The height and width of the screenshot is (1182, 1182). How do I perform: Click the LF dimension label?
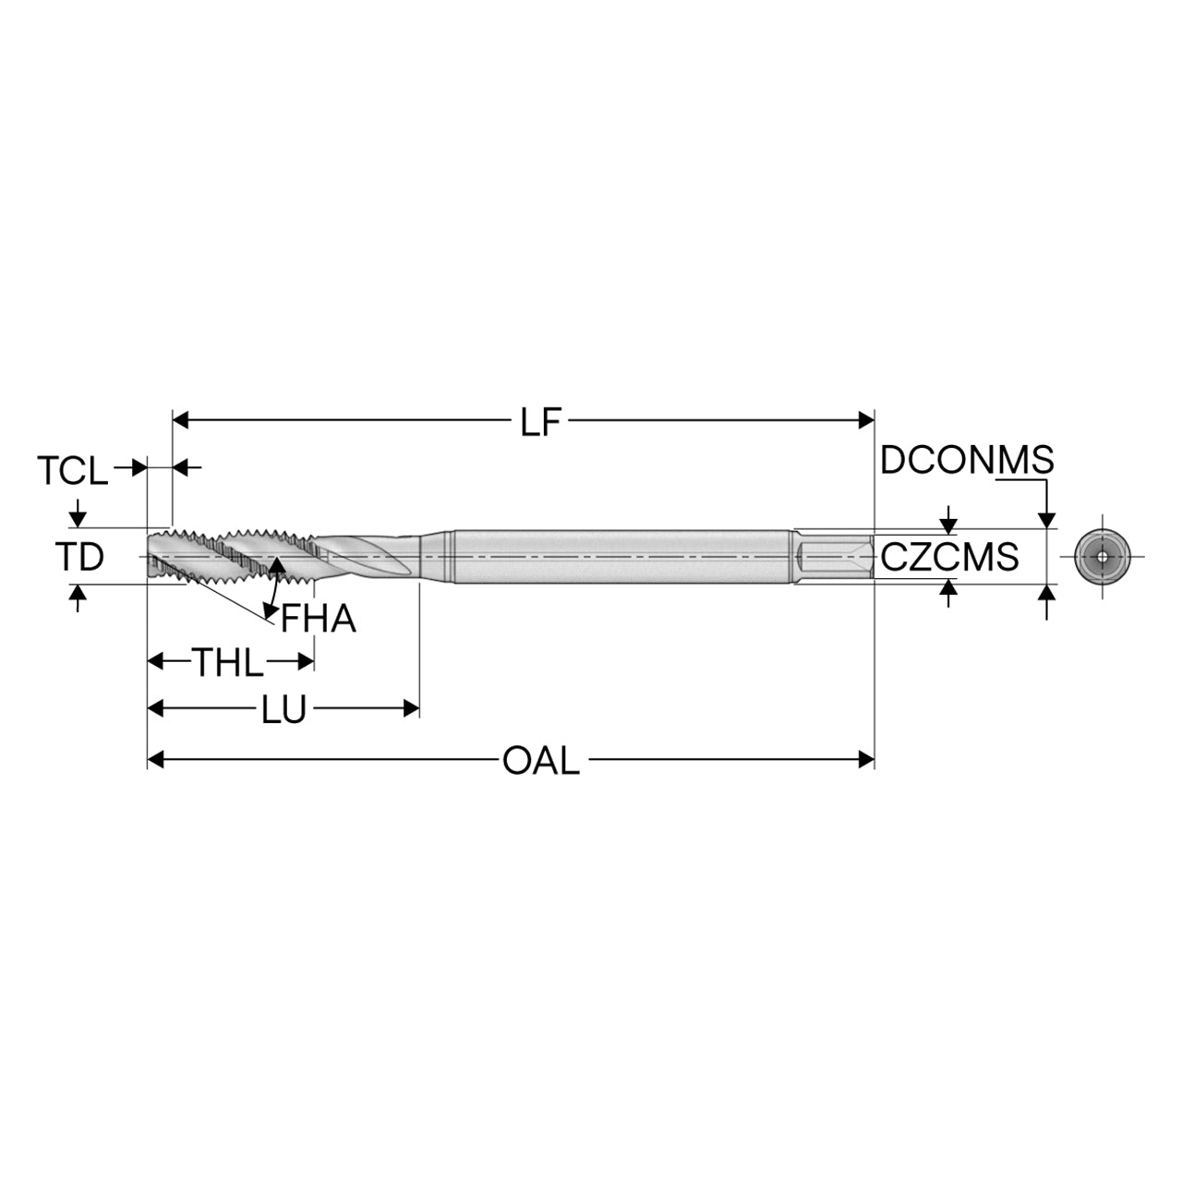[x=541, y=423]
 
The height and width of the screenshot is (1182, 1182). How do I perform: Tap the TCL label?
[x=72, y=470]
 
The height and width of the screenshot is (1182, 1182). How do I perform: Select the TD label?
[x=79, y=556]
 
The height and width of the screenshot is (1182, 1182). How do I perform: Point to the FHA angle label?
[x=319, y=619]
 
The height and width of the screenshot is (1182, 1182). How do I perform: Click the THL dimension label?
[x=228, y=662]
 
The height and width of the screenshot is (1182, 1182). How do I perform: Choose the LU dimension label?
[x=283, y=710]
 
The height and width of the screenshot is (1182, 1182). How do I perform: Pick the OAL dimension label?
[x=541, y=761]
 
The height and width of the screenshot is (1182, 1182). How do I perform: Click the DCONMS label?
[x=967, y=460]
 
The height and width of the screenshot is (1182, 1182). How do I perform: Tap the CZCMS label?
[x=950, y=557]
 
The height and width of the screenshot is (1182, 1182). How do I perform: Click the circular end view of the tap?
[x=1103, y=557]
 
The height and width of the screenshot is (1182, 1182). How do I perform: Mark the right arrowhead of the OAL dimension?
[x=866, y=760]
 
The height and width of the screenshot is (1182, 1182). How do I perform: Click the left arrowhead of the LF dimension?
[x=180, y=420]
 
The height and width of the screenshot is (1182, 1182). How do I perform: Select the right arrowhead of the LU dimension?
[x=411, y=709]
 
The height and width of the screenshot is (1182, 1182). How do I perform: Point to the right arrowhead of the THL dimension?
[x=307, y=662]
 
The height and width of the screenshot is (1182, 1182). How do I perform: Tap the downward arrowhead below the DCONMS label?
[x=1046, y=520]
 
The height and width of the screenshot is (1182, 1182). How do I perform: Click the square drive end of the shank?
[x=835, y=557]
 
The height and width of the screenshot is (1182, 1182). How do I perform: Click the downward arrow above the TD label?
[x=78, y=513]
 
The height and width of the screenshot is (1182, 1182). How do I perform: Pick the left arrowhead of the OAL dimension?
[x=156, y=760]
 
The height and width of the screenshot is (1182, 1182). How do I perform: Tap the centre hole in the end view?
[x=1103, y=557]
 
